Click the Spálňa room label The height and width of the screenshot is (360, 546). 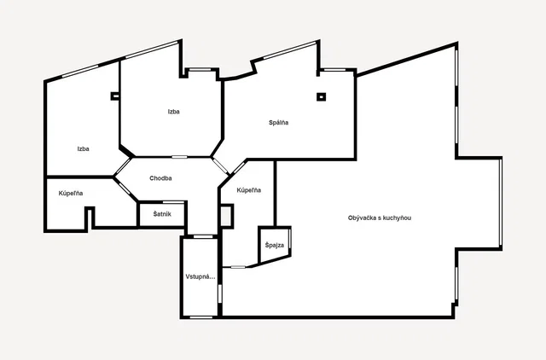(278, 123)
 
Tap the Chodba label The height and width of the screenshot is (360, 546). (160, 178)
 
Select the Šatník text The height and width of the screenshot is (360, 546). (162, 214)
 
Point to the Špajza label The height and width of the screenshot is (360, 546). (275, 245)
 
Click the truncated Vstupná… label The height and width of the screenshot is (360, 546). (200, 277)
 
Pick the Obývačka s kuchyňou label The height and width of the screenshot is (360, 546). (379, 218)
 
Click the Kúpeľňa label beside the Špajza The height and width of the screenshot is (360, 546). (248, 190)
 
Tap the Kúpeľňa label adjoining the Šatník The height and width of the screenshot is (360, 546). (71, 194)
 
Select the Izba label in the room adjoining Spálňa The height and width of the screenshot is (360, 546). (173, 112)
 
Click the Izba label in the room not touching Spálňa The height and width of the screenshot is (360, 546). (84, 149)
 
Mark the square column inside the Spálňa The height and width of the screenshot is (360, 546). (321, 96)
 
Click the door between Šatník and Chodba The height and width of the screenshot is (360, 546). (173, 202)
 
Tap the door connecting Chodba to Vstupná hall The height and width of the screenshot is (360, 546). (203, 237)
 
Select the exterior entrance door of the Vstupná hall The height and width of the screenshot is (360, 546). (201, 317)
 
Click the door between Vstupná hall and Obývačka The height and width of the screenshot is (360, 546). (220, 293)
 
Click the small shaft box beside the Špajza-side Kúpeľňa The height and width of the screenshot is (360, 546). (226, 216)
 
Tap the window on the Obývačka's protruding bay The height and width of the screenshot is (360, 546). (501, 202)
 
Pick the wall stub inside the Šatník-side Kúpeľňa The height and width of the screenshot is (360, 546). (90, 218)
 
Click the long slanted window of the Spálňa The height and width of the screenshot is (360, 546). (290, 49)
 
